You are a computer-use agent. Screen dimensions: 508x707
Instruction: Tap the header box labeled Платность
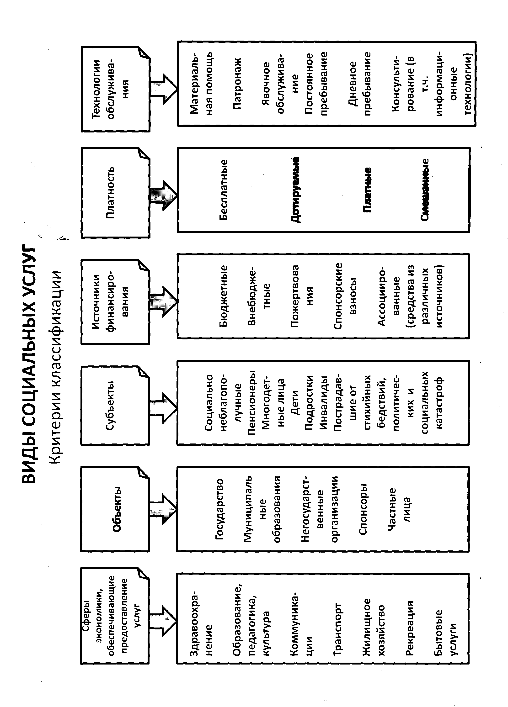click(x=116, y=193)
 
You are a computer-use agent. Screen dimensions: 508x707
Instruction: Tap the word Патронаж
click(x=237, y=83)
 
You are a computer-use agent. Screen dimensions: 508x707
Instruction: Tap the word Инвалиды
click(x=324, y=402)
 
